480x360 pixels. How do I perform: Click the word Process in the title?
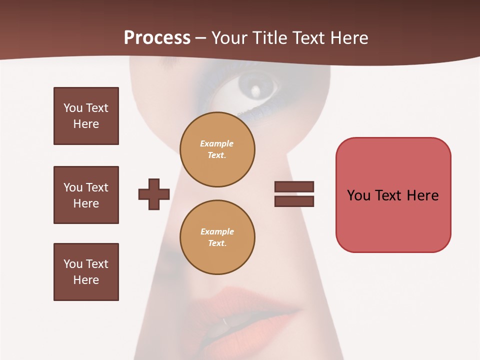pyautogui.click(x=157, y=38)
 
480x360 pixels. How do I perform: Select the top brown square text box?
pyautogui.click(x=86, y=116)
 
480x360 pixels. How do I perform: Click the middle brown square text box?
pyautogui.click(x=86, y=195)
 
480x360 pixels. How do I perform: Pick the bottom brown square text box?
pyautogui.click(x=86, y=272)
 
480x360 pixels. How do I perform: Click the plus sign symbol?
pyautogui.click(x=154, y=194)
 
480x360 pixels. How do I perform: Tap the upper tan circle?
pyautogui.click(x=217, y=149)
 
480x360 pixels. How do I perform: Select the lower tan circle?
pyautogui.click(x=217, y=237)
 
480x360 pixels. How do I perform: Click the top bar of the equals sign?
pyautogui.click(x=294, y=187)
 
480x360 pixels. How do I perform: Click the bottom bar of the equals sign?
pyautogui.click(x=294, y=201)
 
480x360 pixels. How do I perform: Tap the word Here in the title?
pyautogui.click(x=349, y=38)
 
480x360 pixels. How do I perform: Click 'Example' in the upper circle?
pyautogui.click(x=217, y=143)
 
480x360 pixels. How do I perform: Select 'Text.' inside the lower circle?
pyautogui.click(x=217, y=243)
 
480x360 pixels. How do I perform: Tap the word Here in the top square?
pyautogui.click(x=86, y=124)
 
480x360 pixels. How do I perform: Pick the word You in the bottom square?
pyautogui.click(x=72, y=264)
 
